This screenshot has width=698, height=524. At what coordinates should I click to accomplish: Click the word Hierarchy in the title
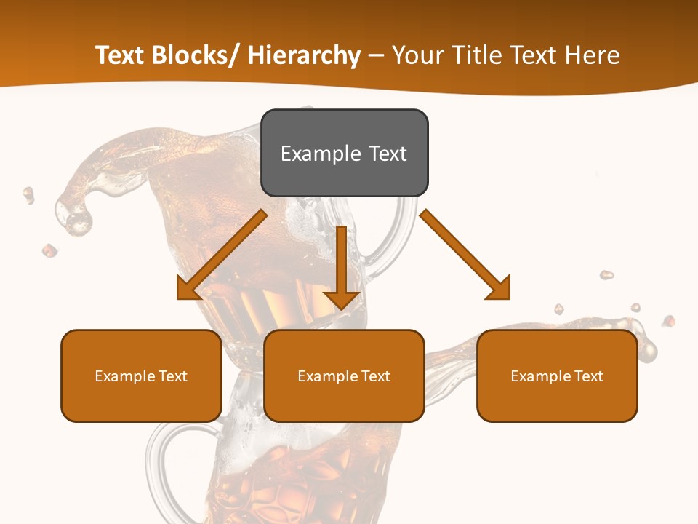pos(304,55)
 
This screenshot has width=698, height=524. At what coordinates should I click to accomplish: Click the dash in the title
pos(375,55)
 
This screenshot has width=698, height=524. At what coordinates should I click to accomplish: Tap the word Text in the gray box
pos(387,154)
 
